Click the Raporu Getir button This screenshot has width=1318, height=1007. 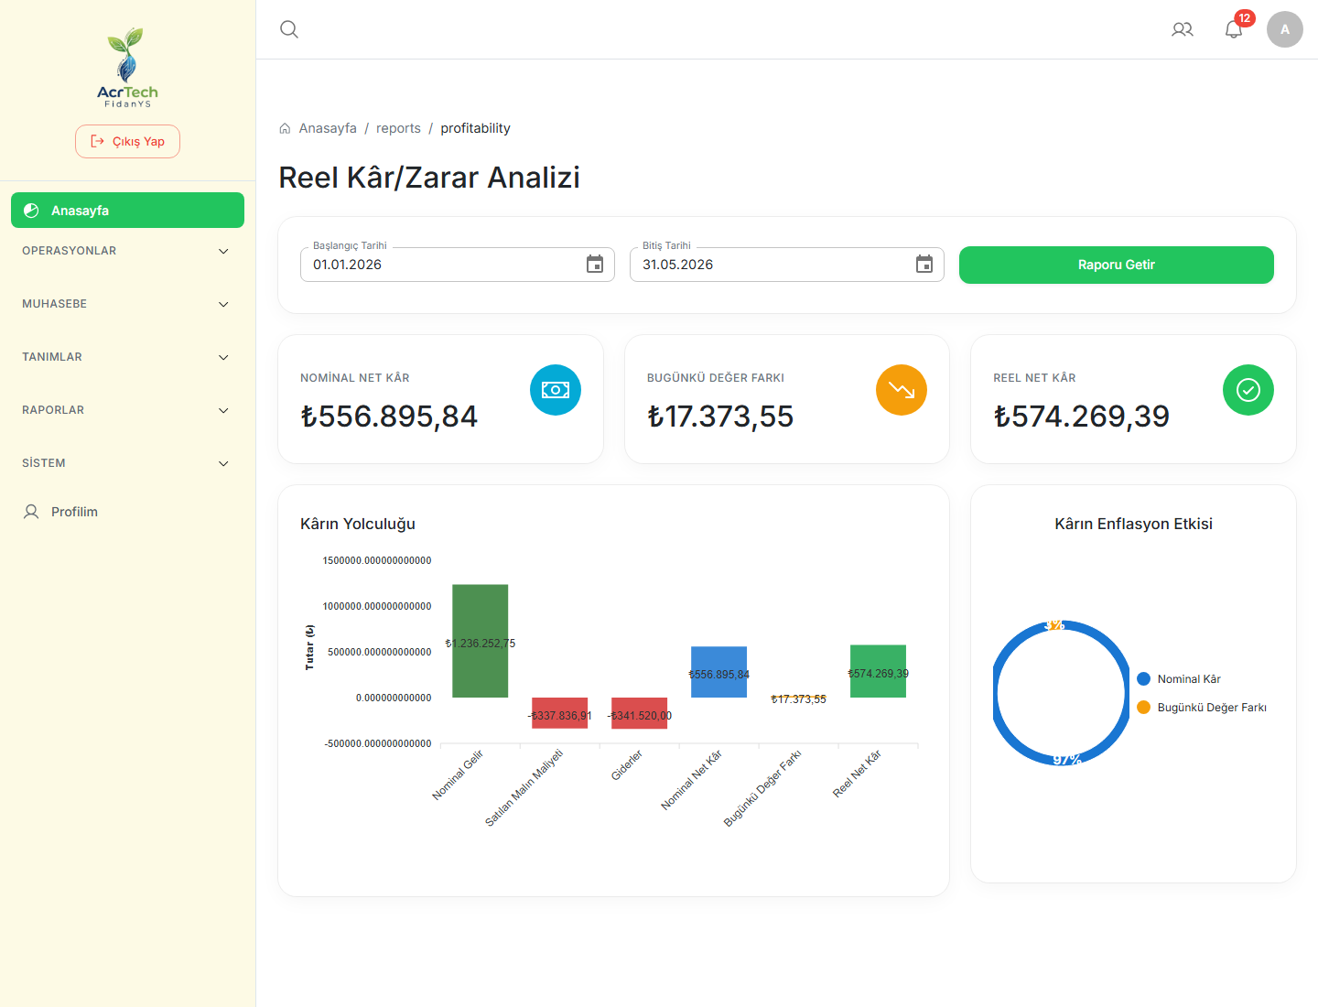(1116, 265)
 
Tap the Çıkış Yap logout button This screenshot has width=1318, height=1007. (127, 142)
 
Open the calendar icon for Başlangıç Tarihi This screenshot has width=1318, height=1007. (594, 265)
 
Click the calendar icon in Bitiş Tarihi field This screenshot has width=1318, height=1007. (924, 265)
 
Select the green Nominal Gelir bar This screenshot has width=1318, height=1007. (480, 641)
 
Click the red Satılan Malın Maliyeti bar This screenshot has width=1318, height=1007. (559, 713)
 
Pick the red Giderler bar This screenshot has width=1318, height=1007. (639, 713)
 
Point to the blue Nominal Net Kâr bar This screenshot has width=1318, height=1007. (718, 672)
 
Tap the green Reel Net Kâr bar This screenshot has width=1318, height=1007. (878, 671)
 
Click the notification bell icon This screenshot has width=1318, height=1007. (1233, 29)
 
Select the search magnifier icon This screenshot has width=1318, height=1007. (289, 29)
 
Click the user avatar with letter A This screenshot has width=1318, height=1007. (1284, 29)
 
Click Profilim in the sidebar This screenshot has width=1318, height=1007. (74, 512)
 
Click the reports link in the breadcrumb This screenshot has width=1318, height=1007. (398, 128)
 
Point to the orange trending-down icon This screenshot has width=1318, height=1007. (902, 390)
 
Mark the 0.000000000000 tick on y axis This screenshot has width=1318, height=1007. (394, 698)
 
